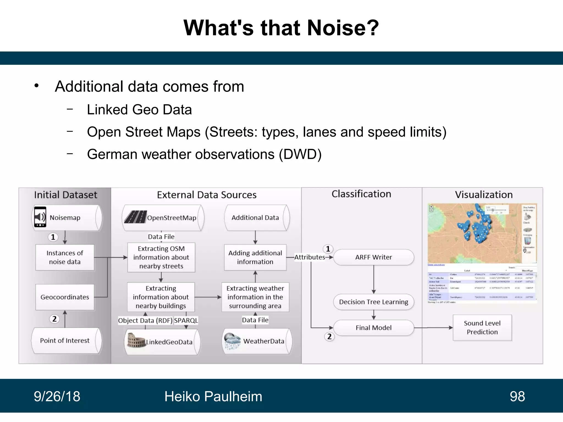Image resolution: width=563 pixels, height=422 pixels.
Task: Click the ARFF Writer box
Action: tap(373, 257)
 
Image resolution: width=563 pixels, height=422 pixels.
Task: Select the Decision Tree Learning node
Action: tap(373, 302)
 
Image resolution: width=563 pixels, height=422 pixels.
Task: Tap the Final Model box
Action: tap(373, 327)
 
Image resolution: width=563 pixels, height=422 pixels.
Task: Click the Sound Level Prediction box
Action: tap(482, 327)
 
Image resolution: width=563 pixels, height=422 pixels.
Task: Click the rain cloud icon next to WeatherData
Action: tap(232, 341)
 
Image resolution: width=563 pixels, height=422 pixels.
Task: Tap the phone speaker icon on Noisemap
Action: tap(40, 217)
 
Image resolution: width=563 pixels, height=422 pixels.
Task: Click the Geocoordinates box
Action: tap(65, 297)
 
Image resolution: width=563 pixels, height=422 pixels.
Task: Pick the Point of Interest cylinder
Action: tap(65, 340)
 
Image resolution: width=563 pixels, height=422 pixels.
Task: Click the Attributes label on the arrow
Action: tap(310, 257)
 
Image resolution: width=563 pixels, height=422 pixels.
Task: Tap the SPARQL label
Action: tap(186, 320)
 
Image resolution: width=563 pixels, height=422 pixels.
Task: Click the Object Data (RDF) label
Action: tap(145, 320)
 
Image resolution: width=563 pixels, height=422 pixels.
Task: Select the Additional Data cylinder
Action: tap(255, 218)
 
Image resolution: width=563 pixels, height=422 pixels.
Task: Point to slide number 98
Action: tap(517, 396)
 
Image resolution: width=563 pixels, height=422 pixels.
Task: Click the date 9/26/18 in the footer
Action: tap(57, 396)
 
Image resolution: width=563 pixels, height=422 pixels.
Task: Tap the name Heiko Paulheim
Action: tap(213, 396)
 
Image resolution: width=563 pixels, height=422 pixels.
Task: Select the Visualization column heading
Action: tap(484, 195)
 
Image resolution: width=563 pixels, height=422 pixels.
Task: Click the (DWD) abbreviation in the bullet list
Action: tap(300, 154)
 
